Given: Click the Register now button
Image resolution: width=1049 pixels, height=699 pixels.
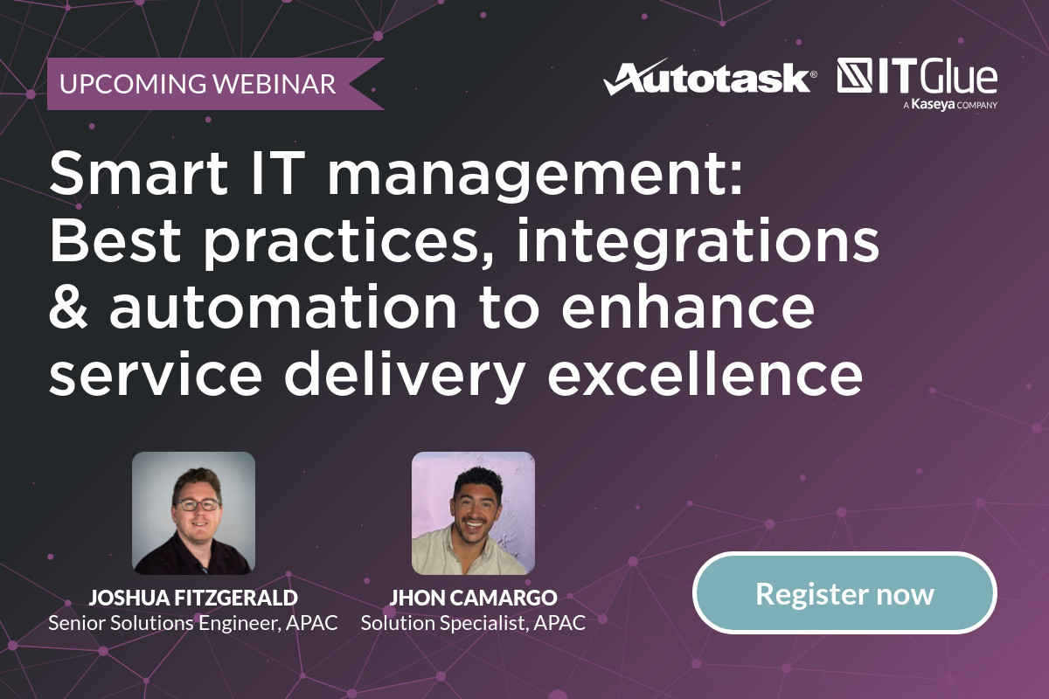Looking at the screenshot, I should [844, 594].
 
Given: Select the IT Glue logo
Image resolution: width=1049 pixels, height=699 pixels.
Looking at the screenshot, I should [917, 77].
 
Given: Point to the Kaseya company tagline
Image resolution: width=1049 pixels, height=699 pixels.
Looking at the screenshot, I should [949, 105].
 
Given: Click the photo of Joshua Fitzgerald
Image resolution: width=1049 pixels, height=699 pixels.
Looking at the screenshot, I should [193, 513].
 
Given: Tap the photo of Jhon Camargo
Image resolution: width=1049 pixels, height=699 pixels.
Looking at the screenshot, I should [473, 513].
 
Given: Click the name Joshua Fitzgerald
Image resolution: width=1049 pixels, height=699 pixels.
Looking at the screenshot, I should [193, 599].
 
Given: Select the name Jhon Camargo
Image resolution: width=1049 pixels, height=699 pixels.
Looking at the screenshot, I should [473, 599].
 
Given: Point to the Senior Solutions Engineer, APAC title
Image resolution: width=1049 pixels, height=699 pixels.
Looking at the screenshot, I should [193, 624].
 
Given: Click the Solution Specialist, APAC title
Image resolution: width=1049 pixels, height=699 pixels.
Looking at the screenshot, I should [473, 624].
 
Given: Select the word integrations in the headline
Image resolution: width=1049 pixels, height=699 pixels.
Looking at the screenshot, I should [698, 243].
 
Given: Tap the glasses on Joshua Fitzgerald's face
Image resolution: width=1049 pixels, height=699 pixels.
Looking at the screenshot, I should [197, 504].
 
